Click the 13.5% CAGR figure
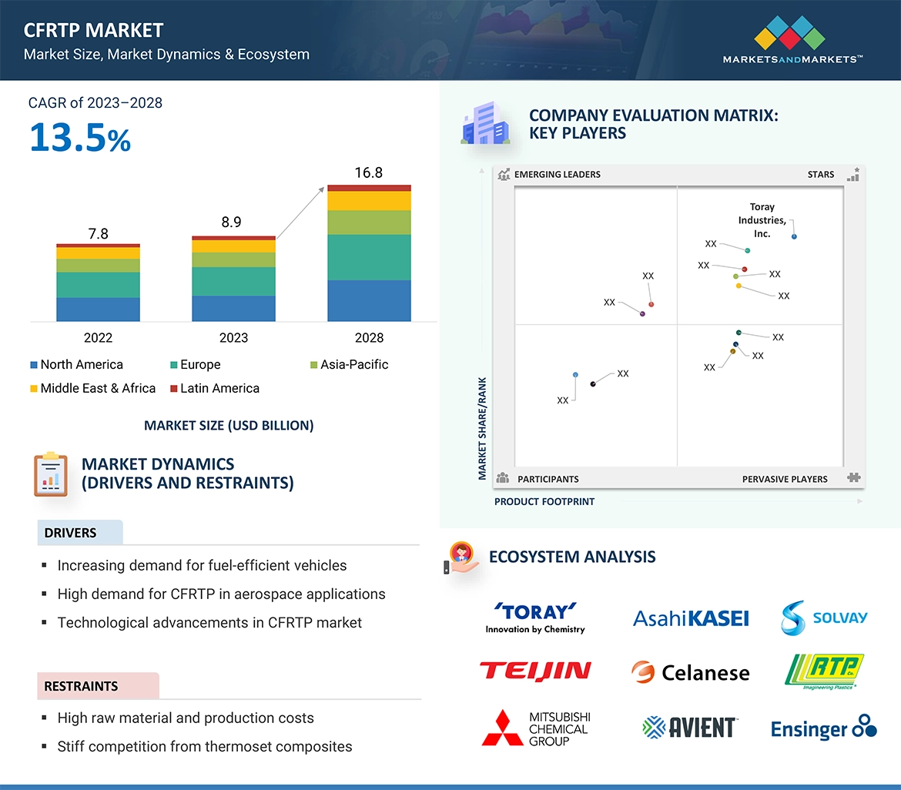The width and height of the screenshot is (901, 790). pyautogui.click(x=80, y=138)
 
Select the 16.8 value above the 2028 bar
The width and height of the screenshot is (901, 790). pyautogui.click(x=368, y=172)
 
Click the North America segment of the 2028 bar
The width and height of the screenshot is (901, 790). pyautogui.click(x=369, y=300)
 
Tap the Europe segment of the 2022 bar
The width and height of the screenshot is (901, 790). pyautogui.click(x=98, y=285)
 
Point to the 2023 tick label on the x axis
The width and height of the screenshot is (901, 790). pyautogui.click(x=233, y=337)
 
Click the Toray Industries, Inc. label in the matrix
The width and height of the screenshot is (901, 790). pyautogui.click(x=762, y=220)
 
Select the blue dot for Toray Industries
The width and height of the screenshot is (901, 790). pyautogui.click(x=794, y=236)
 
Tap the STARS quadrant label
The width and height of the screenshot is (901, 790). pyautogui.click(x=821, y=175)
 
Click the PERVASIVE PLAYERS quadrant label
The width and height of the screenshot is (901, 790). pyautogui.click(x=785, y=479)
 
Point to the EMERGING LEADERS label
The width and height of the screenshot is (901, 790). pyautogui.click(x=557, y=175)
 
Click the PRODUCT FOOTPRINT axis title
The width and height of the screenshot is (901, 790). pyautogui.click(x=544, y=501)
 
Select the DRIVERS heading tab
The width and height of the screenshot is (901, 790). pyautogui.click(x=71, y=533)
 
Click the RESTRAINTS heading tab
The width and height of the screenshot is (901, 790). pyautogui.click(x=81, y=686)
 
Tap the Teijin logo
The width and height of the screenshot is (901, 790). pyautogui.click(x=535, y=671)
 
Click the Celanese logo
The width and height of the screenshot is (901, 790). pyautogui.click(x=690, y=672)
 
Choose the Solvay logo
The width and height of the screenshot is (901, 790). pyautogui.click(x=824, y=618)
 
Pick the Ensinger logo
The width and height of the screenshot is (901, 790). pyautogui.click(x=823, y=728)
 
